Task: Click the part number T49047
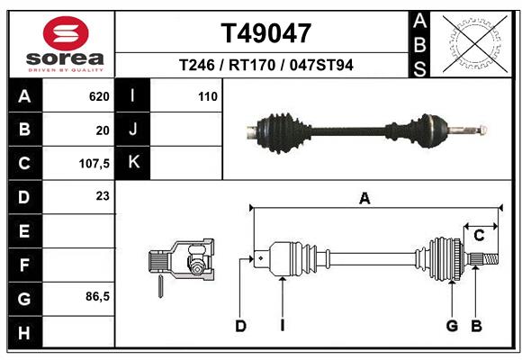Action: click(x=265, y=33)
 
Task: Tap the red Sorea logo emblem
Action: click(x=66, y=34)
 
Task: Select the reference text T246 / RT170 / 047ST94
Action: click(x=265, y=65)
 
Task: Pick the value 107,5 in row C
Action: click(x=94, y=165)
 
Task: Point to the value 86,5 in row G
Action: click(x=97, y=296)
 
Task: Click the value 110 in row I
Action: click(x=208, y=96)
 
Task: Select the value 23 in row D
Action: click(x=102, y=195)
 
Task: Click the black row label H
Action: click(x=23, y=333)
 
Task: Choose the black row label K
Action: click(x=133, y=163)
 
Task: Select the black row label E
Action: click(x=23, y=231)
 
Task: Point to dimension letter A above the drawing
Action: click(x=364, y=199)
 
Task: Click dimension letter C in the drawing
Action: click(x=479, y=236)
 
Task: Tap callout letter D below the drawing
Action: click(x=240, y=326)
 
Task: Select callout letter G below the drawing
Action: click(x=452, y=326)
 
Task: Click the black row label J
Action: click(x=133, y=130)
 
